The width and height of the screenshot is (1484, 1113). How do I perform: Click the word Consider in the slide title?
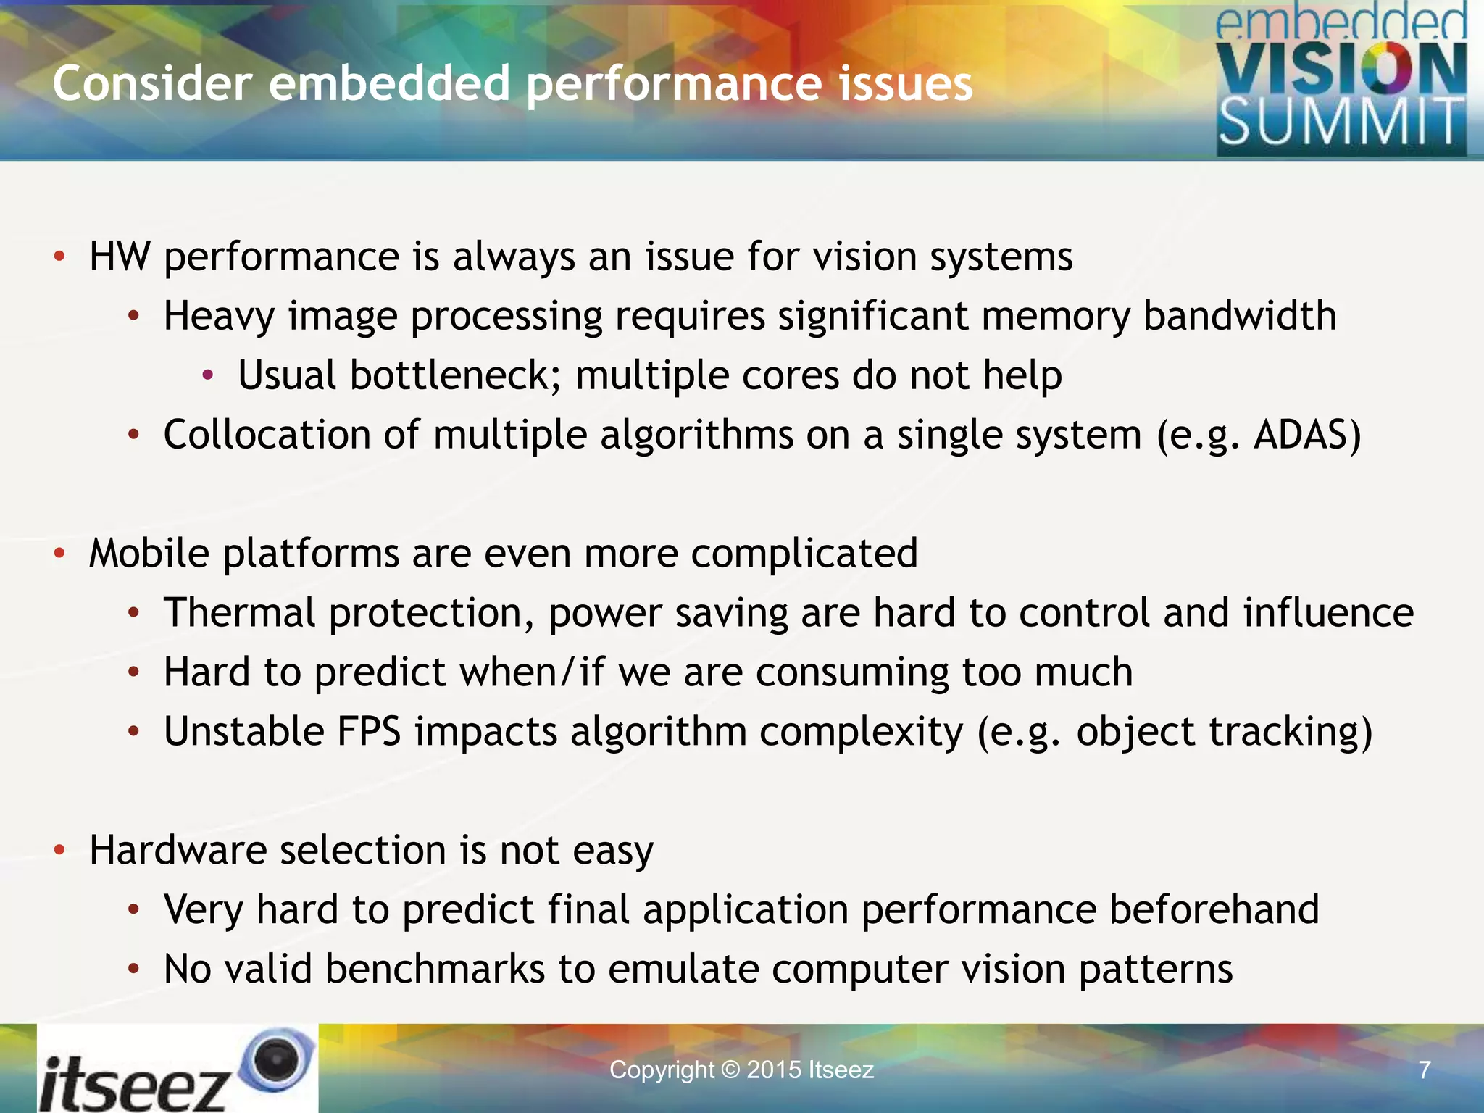tap(152, 83)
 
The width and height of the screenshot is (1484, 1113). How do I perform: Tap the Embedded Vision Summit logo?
tap(1341, 80)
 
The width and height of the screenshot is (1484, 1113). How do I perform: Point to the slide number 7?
tap(1425, 1070)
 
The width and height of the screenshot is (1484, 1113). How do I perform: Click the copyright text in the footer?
tap(741, 1070)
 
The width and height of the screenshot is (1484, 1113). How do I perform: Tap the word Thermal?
tap(239, 612)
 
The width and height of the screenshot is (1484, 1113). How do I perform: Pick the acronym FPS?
tap(369, 731)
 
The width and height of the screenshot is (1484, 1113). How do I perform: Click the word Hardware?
tap(178, 850)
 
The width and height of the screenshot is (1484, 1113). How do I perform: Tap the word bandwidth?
tap(1240, 316)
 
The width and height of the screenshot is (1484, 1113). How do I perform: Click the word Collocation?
tap(267, 435)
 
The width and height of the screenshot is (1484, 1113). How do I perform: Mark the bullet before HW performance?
tap(59, 257)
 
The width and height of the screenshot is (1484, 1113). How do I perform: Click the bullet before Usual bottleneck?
tap(208, 375)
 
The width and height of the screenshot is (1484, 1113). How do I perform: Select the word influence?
tap(1328, 612)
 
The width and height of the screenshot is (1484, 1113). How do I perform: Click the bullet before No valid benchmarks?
tap(133, 969)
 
